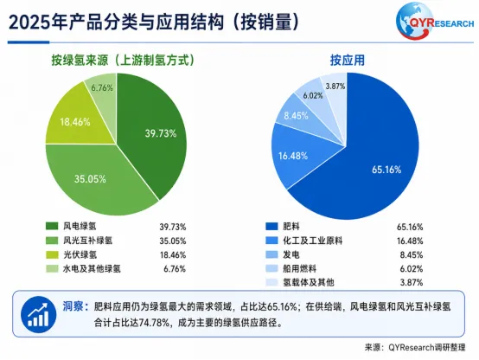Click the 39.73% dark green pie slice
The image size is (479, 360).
pos(153,135)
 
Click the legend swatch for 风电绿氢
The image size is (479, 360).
pos(52,227)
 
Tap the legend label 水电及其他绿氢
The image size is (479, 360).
pos(92,269)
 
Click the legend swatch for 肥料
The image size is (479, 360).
pos(271,227)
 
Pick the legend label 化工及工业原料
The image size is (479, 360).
pos(312,241)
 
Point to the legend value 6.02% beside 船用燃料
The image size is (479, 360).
pos(412,269)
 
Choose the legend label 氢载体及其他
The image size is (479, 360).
pos(309,282)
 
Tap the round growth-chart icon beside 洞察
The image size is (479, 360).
pos(39,314)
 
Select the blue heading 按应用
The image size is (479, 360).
pos(348,61)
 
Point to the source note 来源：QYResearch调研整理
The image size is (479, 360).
pos(415,348)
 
